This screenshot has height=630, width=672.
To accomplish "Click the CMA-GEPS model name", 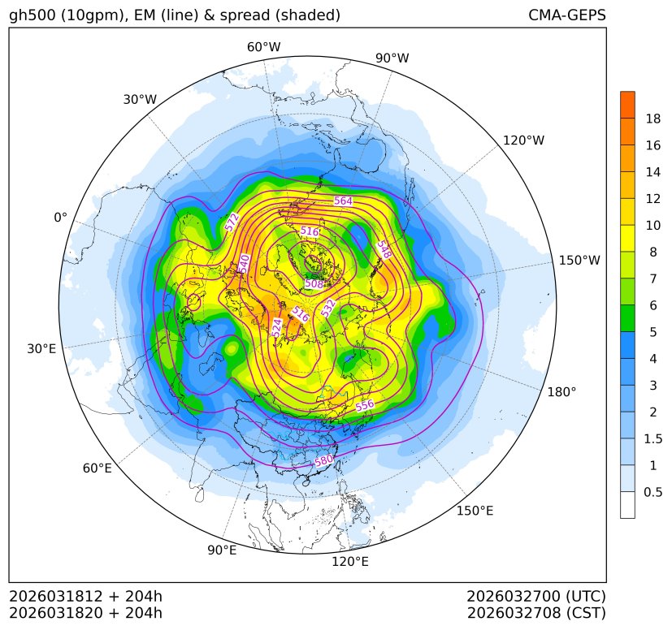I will [566, 15].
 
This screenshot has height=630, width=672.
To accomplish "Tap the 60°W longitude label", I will [263, 47].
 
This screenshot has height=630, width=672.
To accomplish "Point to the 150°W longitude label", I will [579, 261].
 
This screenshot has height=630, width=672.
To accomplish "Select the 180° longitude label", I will [561, 392].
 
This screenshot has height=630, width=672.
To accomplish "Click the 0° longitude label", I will [60, 218].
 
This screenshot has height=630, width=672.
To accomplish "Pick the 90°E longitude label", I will [222, 550].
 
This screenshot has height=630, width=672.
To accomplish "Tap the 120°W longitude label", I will [523, 140].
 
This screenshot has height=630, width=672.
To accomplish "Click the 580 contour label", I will [324, 461].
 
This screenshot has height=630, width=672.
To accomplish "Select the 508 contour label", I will [314, 284].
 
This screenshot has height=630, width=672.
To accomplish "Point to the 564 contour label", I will [343, 201].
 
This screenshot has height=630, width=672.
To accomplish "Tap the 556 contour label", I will [365, 405].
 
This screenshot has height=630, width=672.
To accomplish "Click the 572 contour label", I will [232, 222].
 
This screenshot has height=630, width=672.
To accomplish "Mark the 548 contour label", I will [384, 248].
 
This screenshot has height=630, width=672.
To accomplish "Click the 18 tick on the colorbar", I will [652, 119].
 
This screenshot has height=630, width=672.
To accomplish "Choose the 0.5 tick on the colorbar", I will [652, 492].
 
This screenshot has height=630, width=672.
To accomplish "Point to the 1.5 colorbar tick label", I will [652, 439].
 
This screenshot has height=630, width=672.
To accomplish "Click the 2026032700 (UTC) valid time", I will [536, 596].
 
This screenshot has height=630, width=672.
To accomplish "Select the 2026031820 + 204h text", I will [86, 612].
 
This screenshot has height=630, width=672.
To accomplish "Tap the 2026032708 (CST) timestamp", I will [536, 612].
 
